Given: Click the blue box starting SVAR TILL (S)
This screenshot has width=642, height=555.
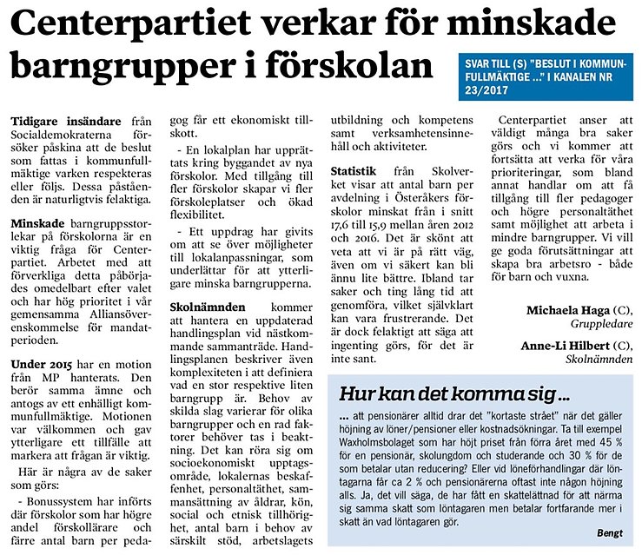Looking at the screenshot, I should point(547,75).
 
